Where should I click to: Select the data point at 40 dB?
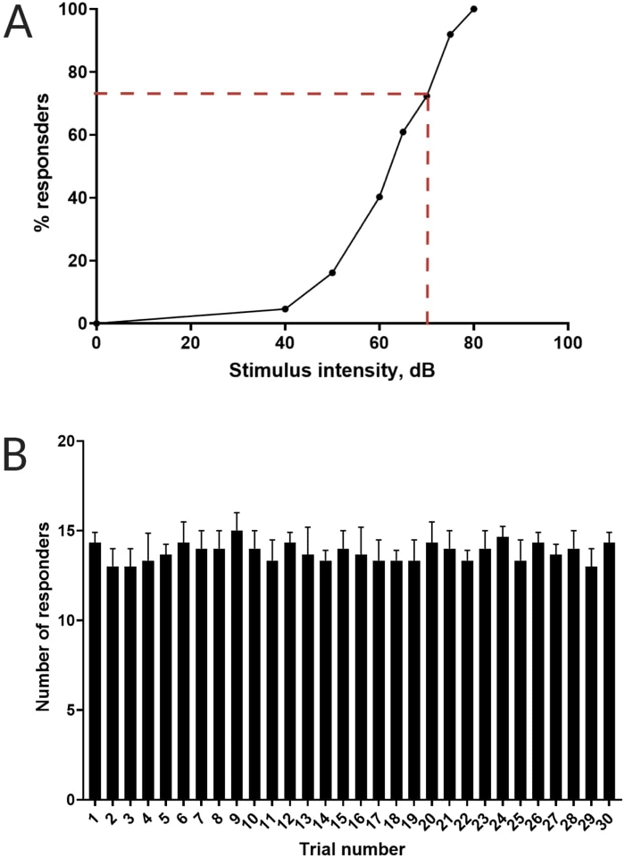[285, 308]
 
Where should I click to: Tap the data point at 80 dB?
[473, 9]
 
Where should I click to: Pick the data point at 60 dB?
[379, 197]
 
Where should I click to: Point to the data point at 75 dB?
[450, 34]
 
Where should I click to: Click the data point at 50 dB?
[332, 273]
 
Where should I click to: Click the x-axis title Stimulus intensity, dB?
[332, 370]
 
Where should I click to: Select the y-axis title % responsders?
[41, 166]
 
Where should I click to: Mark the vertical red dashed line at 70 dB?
[427, 214]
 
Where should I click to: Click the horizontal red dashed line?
[259, 93]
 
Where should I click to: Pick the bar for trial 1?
[95, 670]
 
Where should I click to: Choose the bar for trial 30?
[609, 670]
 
